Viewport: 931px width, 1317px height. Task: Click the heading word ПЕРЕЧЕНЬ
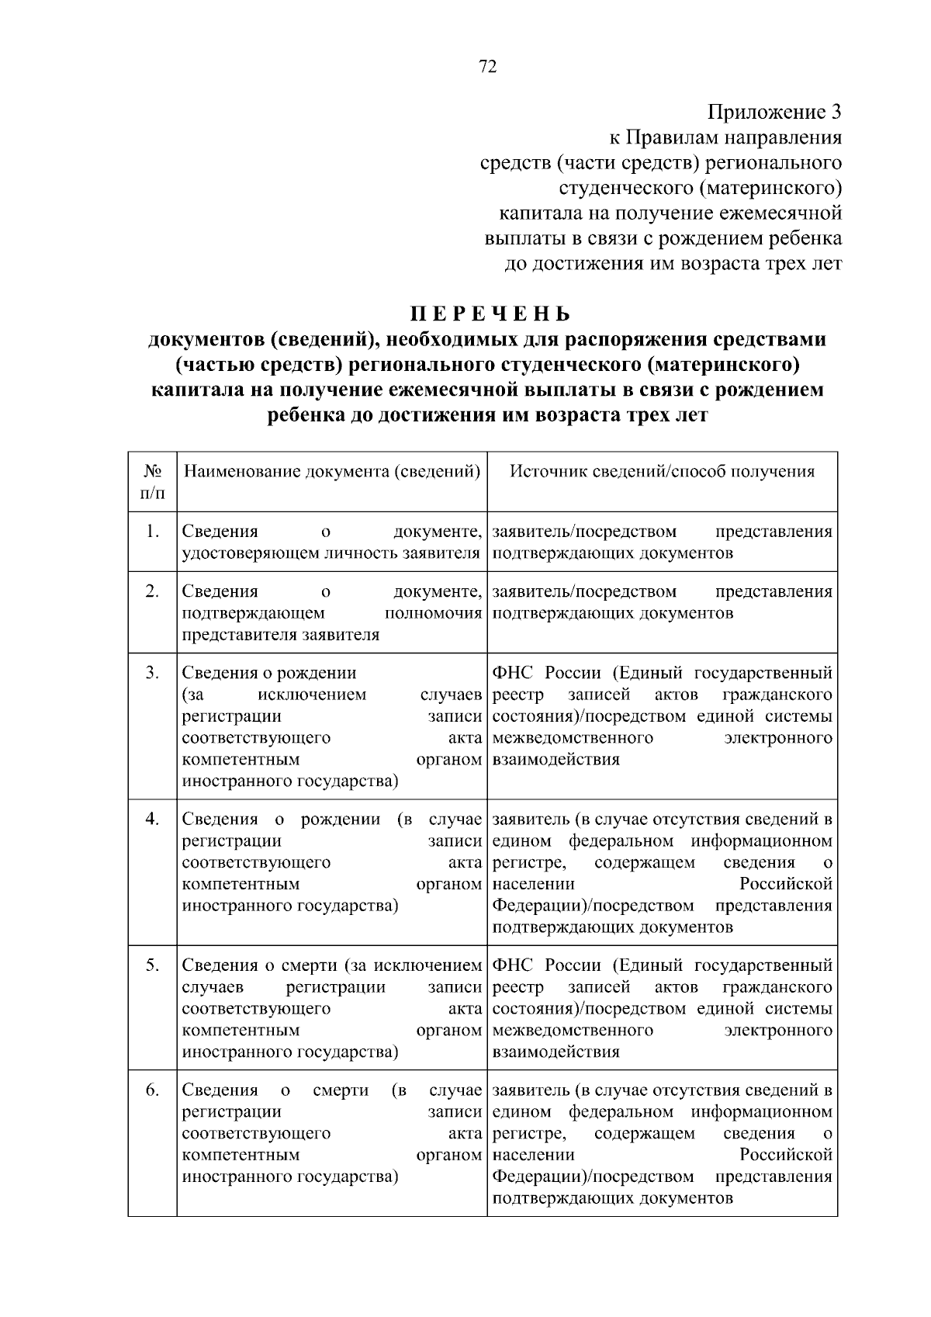click(x=490, y=314)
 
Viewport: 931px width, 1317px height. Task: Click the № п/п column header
click(x=153, y=482)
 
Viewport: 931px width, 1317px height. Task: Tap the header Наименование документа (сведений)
click(x=331, y=471)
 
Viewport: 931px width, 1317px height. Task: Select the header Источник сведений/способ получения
click(x=662, y=471)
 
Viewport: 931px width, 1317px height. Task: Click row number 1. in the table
click(x=153, y=532)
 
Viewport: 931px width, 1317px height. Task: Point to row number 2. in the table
click(x=153, y=591)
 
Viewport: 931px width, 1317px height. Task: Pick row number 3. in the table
click(x=153, y=672)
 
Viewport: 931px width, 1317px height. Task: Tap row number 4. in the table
click(x=153, y=819)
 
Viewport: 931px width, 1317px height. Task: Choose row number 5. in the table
click(x=153, y=965)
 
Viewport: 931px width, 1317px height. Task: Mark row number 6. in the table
click(x=153, y=1090)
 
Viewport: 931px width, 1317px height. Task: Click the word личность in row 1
click(x=360, y=553)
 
